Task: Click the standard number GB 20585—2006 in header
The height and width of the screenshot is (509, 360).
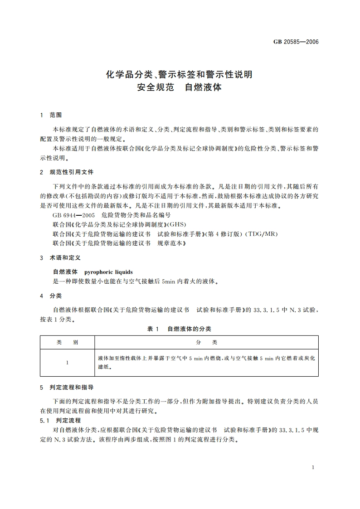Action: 296,42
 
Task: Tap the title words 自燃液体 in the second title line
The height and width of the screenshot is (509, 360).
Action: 203,87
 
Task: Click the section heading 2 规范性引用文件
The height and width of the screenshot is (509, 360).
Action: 67,172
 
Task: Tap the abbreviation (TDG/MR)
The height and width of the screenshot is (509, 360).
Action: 261,234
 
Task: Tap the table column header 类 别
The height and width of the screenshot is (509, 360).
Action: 67,342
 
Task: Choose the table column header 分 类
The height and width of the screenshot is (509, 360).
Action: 207,342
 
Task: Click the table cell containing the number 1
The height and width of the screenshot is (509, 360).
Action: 67,363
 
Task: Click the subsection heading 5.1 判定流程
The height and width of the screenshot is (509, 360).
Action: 60,420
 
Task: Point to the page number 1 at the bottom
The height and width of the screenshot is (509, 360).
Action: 313,467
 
